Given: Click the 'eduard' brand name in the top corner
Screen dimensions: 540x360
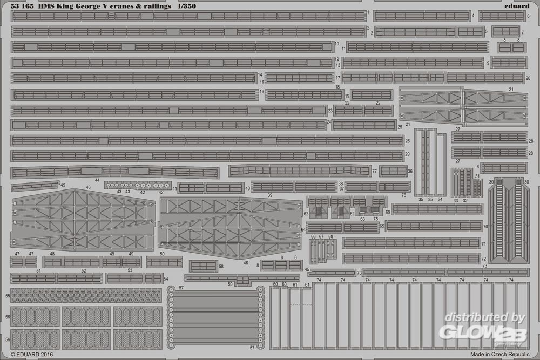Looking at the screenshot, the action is pyautogui.click(x=517, y=6).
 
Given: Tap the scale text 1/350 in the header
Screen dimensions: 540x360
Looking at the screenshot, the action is pyautogui.click(x=187, y=6).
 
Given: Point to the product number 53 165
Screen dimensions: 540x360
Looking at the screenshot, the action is pyautogui.click(x=22, y=6).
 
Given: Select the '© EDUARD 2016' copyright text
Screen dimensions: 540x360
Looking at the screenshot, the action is pyautogui.click(x=32, y=354).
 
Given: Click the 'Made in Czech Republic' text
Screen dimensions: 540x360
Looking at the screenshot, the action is pyautogui.click(x=500, y=354).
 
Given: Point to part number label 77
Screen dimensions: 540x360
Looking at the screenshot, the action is pyautogui.click(x=374, y=171).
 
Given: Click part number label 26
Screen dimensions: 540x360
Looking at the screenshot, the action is pyautogui.click(x=407, y=141).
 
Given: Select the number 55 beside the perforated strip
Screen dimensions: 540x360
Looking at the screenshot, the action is pyautogui.click(x=8, y=296).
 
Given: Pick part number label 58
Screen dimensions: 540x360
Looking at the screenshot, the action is pyautogui.click(x=221, y=267).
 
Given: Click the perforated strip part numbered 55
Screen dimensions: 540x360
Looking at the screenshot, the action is pyautogui.click(x=86, y=296).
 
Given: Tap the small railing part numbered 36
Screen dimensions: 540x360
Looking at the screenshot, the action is pyautogui.click(x=393, y=171).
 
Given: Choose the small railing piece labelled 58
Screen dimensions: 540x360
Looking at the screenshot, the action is pyautogui.click(x=203, y=267).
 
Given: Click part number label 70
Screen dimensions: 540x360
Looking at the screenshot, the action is pyautogui.click(x=485, y=227).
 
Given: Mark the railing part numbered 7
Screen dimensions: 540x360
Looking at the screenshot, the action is pyautogui.click(x=505, y=31).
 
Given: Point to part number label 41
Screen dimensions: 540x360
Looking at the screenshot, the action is pyautogui.click(x=174, y=188).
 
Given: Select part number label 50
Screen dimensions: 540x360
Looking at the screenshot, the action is pyautogui.click(x=162, y=254).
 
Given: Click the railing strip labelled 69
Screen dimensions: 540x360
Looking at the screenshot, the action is pyautogui.click(x=437, y=209).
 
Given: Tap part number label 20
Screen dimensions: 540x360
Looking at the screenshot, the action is pyautogui.click(x=528, y=78).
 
